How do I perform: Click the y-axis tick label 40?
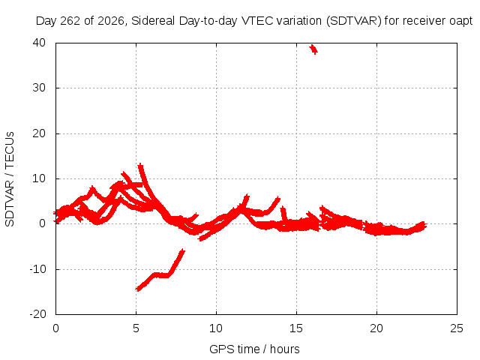click(x=39, y=43)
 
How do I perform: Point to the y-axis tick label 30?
click(x=39, y=88)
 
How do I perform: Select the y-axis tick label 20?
click(x=39, y=133)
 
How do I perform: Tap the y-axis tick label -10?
click(x=37, y=269)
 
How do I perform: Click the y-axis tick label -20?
click(x=37, y=313)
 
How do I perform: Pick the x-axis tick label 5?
click(x=136, y=328)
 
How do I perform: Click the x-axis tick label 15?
click(x=296, y=328)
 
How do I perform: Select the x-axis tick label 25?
click(x=457, y=328)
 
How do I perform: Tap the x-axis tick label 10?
click(x=216, y=328)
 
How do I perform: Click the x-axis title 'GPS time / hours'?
click(x=254, y=349)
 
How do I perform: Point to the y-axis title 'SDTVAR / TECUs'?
click(x=10, y=179)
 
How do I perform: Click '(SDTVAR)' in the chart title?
click(x=353, y=21)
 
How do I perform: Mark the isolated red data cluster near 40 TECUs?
click(x=313, y=49)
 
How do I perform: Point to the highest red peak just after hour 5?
click(x=140, y=166)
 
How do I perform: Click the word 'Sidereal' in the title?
click(x=153, y=21)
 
